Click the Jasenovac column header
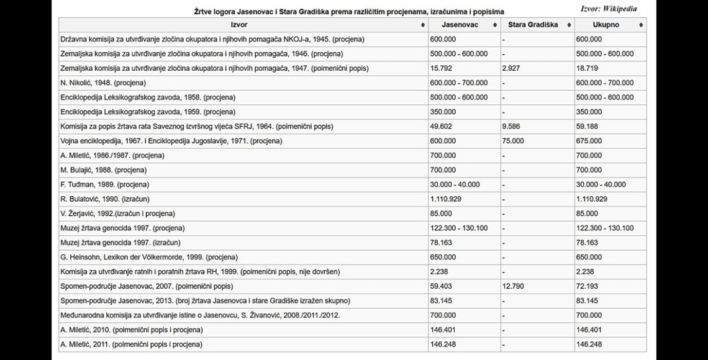click(x=459, y=25)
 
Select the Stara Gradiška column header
click(x=532, y=25)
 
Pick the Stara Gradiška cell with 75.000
click(x=512, y=141)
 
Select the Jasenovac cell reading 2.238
click(x=440, y=271)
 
